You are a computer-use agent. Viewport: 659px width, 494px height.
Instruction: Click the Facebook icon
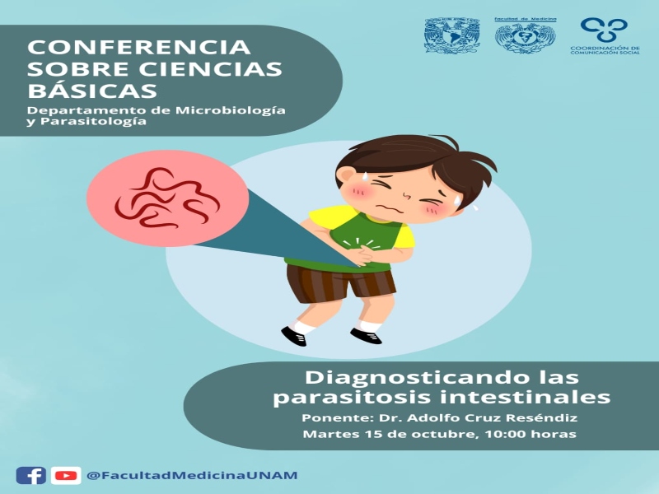click(31, 476)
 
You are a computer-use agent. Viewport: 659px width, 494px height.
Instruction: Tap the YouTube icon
click(66, 476)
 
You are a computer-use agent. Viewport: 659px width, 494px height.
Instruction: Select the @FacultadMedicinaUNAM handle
click(192, 476)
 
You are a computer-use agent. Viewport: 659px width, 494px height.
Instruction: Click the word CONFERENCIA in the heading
click(138, 47)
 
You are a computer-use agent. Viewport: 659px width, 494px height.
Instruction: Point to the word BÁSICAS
click(92, 91)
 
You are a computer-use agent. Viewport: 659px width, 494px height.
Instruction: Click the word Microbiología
click(231, 111)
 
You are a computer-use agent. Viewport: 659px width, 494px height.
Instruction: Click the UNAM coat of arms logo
click(452, 35)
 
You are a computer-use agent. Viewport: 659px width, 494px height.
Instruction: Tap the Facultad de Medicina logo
click(526, 35)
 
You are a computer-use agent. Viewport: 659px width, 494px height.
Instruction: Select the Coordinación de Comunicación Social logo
click(605, 35)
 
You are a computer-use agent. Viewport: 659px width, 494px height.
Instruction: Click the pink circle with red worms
click(168, 198)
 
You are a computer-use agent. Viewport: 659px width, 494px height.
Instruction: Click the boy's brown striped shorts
click(340, 282)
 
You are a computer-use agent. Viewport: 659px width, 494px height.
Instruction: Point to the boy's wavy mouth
click(389, 208)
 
